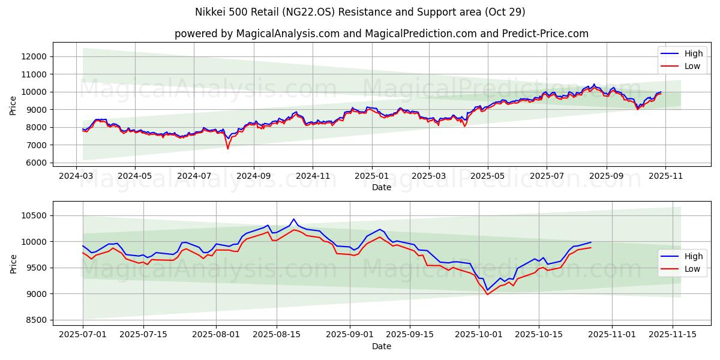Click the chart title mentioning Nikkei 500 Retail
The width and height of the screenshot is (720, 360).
coord(360,12)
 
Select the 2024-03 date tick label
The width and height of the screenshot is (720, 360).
coord(76,176)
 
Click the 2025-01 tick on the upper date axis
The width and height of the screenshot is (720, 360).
coord(371,176)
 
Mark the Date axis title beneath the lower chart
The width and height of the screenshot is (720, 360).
coord(382,346)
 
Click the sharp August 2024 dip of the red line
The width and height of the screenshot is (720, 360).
coord(227,148)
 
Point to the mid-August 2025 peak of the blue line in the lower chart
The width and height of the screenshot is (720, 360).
coord(293,219)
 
